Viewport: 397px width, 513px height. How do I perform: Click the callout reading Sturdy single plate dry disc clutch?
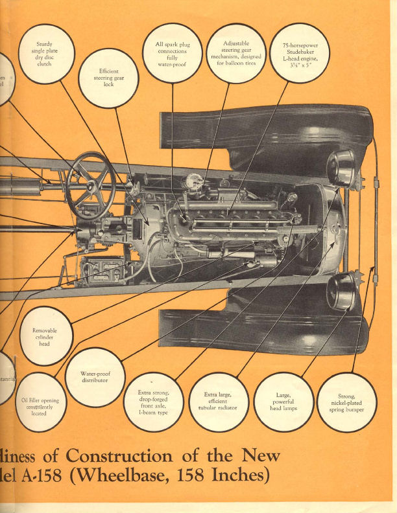click(x=45, y=54)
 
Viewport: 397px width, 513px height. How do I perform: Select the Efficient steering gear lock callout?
click(x=108, y=78)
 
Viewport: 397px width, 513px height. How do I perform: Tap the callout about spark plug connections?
click(x=172, y=53)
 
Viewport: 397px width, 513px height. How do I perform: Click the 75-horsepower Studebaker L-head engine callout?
click(x=299, y=53)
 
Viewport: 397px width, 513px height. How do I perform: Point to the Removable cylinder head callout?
click(x=46, y=336)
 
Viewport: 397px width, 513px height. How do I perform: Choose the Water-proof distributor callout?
click(x=95, y=377)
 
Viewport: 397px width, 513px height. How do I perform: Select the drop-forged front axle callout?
click(x=153, y=402)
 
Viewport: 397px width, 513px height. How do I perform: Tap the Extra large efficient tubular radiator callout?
click(x=217, y=402)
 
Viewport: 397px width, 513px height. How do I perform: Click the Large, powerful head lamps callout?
click(x=283, y=402)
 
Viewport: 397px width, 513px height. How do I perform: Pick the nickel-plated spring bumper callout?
click(x=347, y=402)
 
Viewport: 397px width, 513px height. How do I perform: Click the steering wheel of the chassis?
click(x=90, y=185)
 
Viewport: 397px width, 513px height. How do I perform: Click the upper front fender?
click(x=266, y=133)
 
